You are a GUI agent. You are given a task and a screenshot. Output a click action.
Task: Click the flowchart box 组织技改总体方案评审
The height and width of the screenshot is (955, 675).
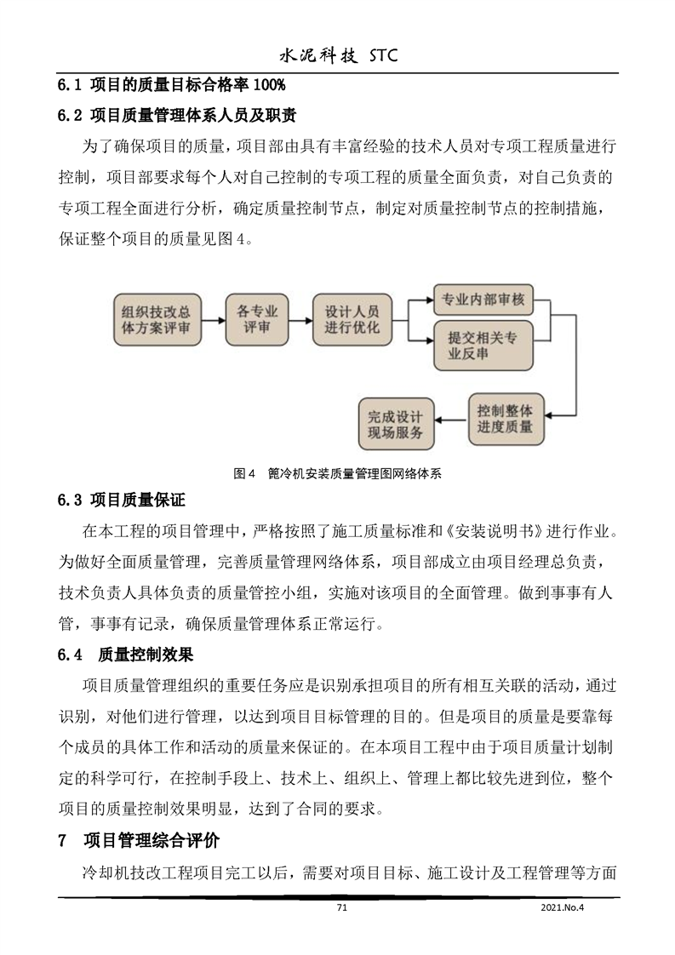click(156, 319)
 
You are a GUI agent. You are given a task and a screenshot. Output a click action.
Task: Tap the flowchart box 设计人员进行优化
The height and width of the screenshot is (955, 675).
click(352, 319)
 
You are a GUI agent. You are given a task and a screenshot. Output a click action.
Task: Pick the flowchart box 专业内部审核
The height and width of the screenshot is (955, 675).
click(482, 299)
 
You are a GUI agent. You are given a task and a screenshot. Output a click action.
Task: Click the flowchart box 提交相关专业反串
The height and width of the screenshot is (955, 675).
click(482, 345)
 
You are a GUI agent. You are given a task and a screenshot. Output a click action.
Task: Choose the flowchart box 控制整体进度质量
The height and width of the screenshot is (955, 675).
click(506, 417)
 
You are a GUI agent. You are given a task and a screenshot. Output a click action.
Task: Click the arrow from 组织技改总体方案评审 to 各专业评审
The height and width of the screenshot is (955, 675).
click(212, 320)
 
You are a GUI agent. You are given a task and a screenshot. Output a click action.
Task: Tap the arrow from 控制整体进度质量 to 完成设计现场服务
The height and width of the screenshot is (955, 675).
click(451, 417)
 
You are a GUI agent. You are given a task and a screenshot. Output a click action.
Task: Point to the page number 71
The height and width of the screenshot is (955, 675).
click(343, 908)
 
